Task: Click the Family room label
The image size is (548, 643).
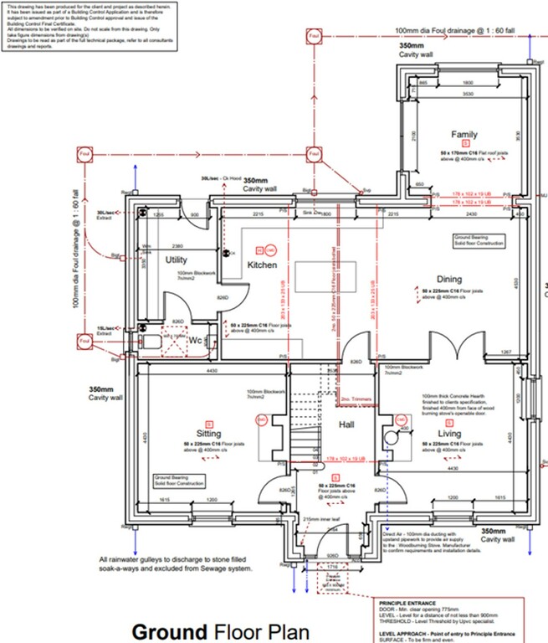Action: coord(463,135)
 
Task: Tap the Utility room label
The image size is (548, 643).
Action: coord(176,260)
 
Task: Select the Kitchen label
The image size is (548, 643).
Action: coord(262,265)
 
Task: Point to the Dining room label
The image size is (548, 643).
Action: coord(448,280)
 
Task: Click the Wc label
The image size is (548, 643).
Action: coord(193,341)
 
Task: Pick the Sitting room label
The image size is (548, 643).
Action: coord(208,434)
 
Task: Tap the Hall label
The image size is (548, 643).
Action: coord(347,425)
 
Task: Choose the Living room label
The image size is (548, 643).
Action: coord(448,434)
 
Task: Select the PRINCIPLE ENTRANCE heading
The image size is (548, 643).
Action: coord(408,602)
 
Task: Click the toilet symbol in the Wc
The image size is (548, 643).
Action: coord(151,342)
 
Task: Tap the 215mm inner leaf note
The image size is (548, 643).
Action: coord(320,520)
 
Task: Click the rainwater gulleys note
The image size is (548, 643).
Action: coord(175,563)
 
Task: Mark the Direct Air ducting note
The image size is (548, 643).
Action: coord(432,541)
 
